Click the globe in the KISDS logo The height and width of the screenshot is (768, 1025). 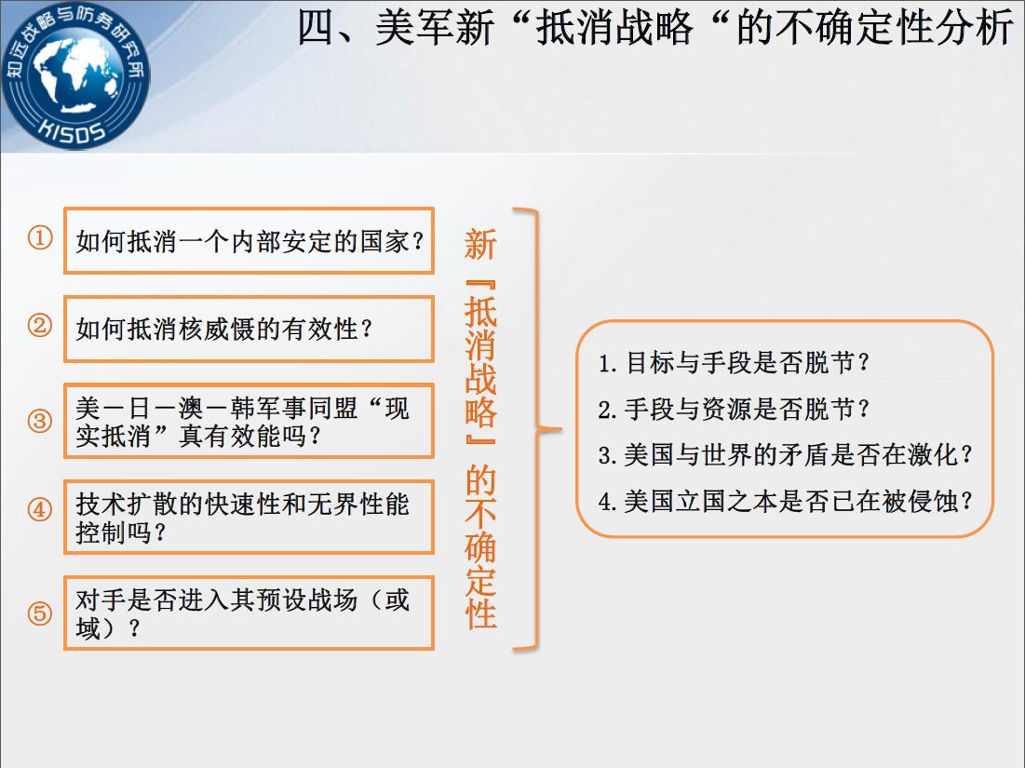75,76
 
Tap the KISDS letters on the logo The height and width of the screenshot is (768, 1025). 73,129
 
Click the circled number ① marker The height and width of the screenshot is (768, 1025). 40,238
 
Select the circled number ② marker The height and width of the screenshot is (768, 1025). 40,326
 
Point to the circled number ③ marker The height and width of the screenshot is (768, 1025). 40,421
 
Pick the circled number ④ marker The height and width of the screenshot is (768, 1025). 40,510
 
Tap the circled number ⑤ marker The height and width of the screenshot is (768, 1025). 40,613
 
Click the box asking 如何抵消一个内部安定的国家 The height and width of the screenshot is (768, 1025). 250,240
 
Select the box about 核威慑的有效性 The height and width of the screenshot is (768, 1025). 250,329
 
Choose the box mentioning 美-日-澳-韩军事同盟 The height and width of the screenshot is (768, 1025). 250,421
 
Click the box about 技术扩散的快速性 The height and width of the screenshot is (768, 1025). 250,517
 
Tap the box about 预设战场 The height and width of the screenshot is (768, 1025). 250,613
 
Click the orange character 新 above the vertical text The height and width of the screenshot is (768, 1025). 480,245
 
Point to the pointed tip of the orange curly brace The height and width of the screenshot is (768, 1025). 560,429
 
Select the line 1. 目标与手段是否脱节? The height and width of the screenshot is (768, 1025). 734,362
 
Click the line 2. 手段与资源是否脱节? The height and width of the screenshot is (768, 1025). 734,410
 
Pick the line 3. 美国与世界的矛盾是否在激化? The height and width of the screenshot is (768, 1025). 785,455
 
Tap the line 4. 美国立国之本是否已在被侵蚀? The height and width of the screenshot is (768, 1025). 785,502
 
